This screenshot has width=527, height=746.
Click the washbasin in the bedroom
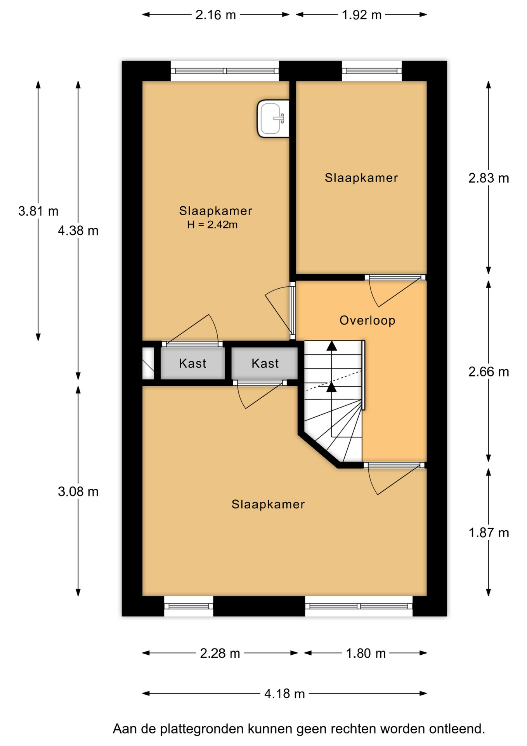pos(273,119)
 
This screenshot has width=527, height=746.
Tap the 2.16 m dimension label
pos(215,15)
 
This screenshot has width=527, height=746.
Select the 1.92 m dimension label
pos(361,15)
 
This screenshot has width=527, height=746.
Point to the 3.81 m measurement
pos(38,211)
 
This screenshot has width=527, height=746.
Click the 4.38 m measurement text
pos(78,231)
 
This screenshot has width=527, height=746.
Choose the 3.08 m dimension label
pos(78,492)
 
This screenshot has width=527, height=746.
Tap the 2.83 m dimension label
pos(488,178)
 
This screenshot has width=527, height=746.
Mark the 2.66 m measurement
pos(488,372)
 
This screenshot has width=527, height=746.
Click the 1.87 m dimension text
pos(488,533)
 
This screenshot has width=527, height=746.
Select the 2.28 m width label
pos(220,653)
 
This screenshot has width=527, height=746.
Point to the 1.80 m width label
pos(366,653)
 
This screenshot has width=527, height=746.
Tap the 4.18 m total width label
pos(284,694)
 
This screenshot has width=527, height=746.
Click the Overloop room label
pos(368,321)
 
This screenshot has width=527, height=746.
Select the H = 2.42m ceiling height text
pos(212,225)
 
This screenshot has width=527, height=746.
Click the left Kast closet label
pos(192,364)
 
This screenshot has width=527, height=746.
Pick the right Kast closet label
pos(265,364)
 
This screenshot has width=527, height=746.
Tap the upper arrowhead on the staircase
pos(331,346)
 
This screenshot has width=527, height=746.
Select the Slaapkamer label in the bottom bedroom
pos(268,504)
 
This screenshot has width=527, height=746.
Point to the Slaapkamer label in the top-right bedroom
pos(361,178)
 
